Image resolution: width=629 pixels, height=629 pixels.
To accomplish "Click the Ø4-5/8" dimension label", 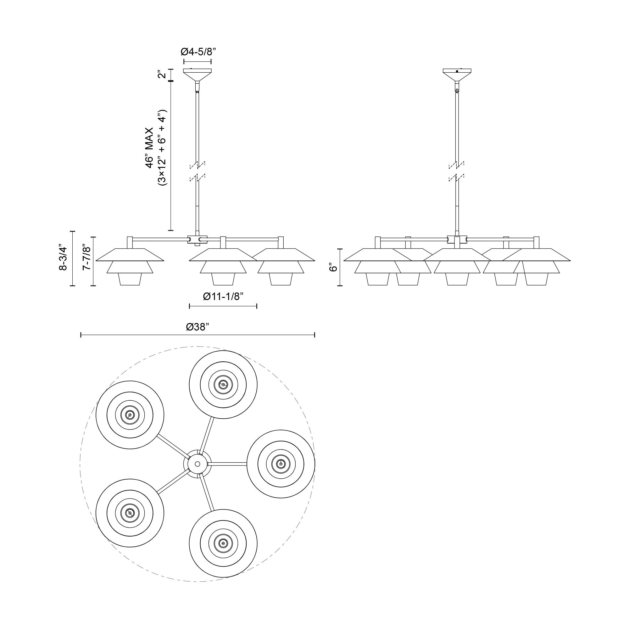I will click(x=198, y=52).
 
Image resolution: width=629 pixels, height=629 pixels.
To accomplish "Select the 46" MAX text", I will click(x=149, y=148).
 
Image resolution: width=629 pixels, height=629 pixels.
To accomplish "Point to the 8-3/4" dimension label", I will click(x=63, y=258).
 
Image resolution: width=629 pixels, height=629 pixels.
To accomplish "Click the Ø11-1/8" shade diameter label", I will click(x=223, y=297).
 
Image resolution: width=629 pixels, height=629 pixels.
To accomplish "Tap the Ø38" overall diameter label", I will click(x=197, y=327).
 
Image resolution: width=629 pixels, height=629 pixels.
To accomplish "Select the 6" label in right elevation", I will click(x=332, y=268).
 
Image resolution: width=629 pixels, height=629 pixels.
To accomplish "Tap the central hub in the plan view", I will click(x=197, y=464).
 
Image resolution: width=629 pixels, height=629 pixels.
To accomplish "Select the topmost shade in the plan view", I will click(x=223, y=385).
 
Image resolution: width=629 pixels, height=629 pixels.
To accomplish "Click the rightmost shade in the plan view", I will click(x=281, y=464).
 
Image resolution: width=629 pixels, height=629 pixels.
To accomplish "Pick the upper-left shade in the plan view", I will click(x=130, y=415).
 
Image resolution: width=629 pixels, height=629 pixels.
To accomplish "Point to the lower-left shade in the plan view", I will click(x=130, y=513).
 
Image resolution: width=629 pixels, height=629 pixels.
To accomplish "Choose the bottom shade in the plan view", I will click(x=223, y=543).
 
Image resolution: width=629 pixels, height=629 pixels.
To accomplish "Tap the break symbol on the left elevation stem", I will click(x=197, y=171).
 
